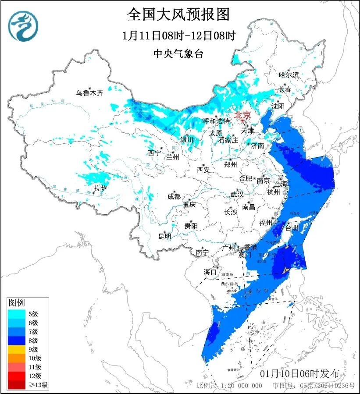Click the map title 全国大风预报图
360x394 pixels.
point(178,15)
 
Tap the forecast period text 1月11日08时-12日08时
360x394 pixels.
point(178,35)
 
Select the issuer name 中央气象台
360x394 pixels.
point(178,53)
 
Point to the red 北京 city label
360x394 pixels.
point(242,115)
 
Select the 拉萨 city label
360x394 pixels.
point(100,188)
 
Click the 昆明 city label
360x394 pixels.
point(165,236)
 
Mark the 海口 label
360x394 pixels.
point(210,272)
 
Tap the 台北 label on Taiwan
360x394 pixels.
point(292,227)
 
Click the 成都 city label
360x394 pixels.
point(174,196)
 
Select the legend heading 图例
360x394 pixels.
point(17,302)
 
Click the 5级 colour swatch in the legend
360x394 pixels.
point(17,313)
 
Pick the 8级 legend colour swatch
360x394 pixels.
point(17,340)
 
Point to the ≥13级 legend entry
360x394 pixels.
point(39,385)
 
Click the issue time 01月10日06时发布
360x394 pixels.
point(299,373)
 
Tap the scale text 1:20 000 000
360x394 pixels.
point(239,386)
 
